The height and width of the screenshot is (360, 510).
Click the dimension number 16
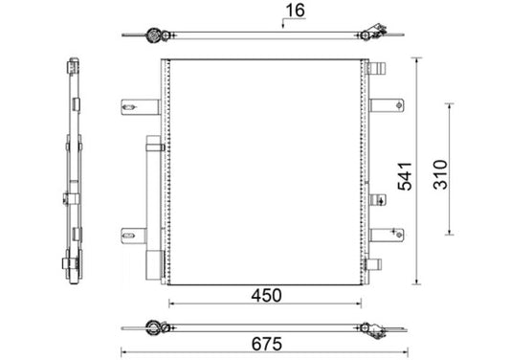coord(294,12)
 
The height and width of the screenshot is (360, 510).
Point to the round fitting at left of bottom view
coord(150,328)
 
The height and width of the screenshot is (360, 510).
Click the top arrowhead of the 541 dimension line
coord(417,60)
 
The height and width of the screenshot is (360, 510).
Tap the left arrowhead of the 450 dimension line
coord(172,306)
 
